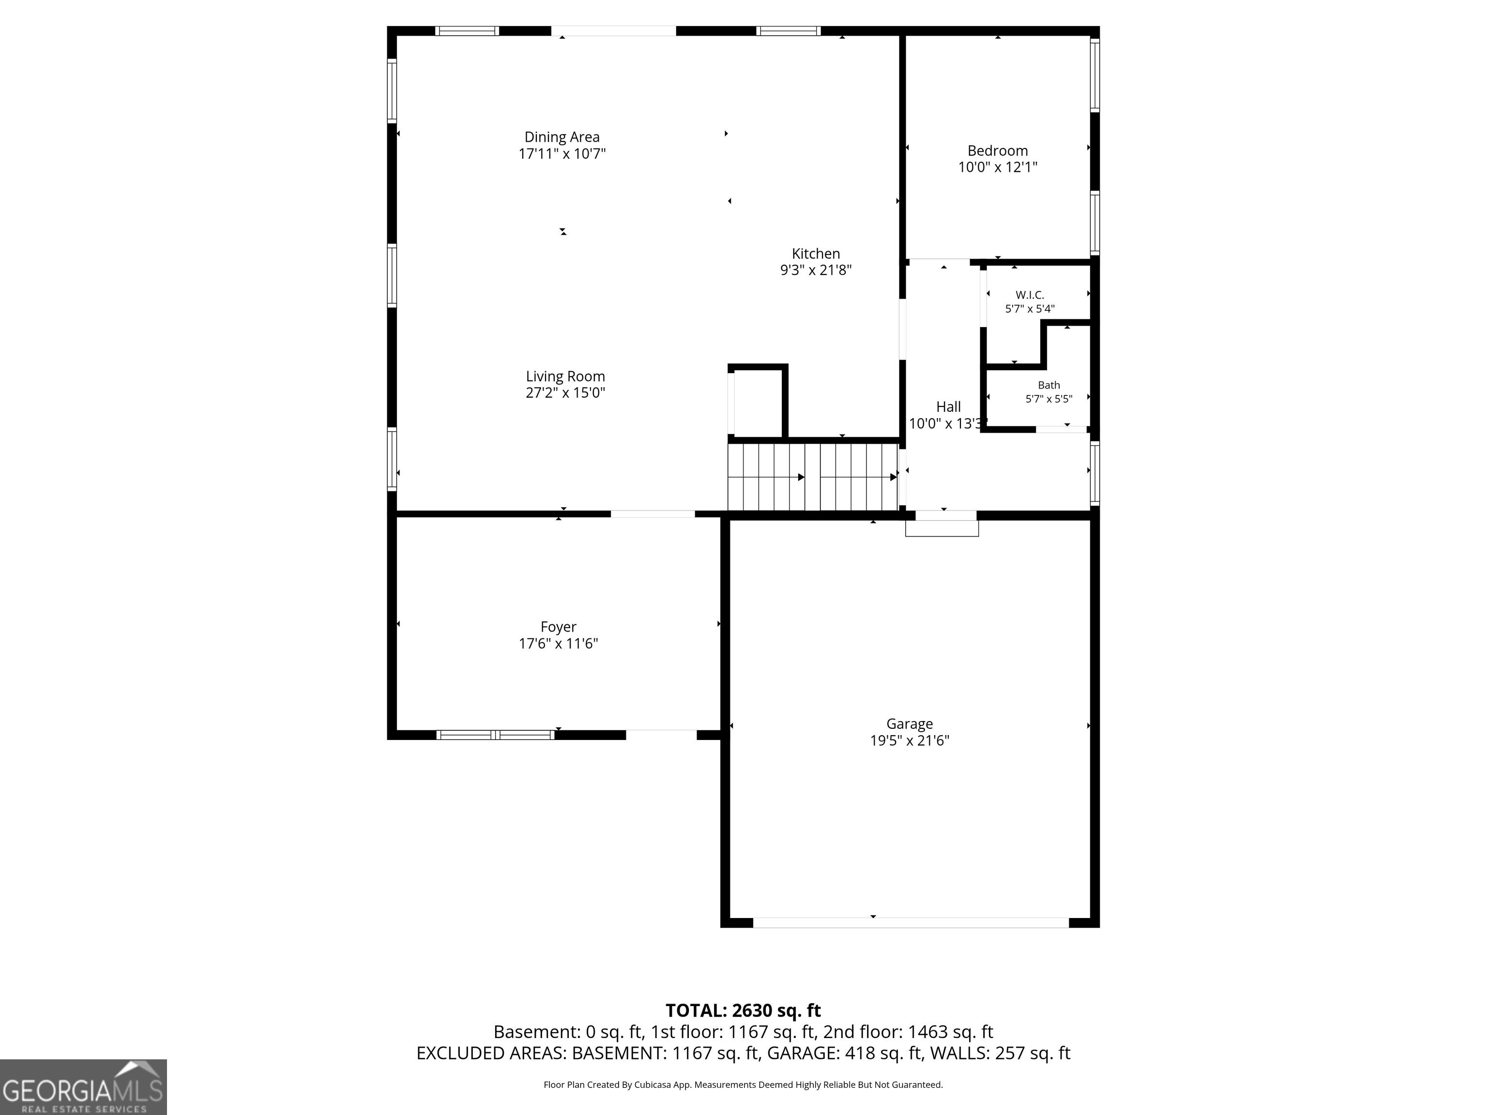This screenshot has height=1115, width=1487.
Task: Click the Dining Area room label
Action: pos(562,137)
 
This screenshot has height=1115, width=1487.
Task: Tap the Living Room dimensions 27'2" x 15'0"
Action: pos(565,392)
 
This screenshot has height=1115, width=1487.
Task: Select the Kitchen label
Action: pos(816,254)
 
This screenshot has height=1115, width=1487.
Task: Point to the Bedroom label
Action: pos(998,151)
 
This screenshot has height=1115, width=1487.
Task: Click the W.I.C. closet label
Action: pos(1030,295)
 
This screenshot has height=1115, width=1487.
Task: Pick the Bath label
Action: pos(1049,385)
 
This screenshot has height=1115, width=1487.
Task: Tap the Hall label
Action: pos(949,407)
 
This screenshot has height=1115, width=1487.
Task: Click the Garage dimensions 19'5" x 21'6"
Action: pos(910,740)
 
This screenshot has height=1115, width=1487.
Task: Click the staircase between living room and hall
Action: pos(813,477)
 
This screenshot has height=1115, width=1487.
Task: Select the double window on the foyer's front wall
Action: pos(496,735)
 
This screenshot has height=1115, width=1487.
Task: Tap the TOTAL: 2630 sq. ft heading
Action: pos(743,1010)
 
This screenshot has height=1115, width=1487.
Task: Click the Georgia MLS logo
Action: pos(83,1087)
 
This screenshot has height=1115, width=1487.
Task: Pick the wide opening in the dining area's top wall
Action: pos(614,31)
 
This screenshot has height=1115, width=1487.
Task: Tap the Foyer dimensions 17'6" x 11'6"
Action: pos(558,643)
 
